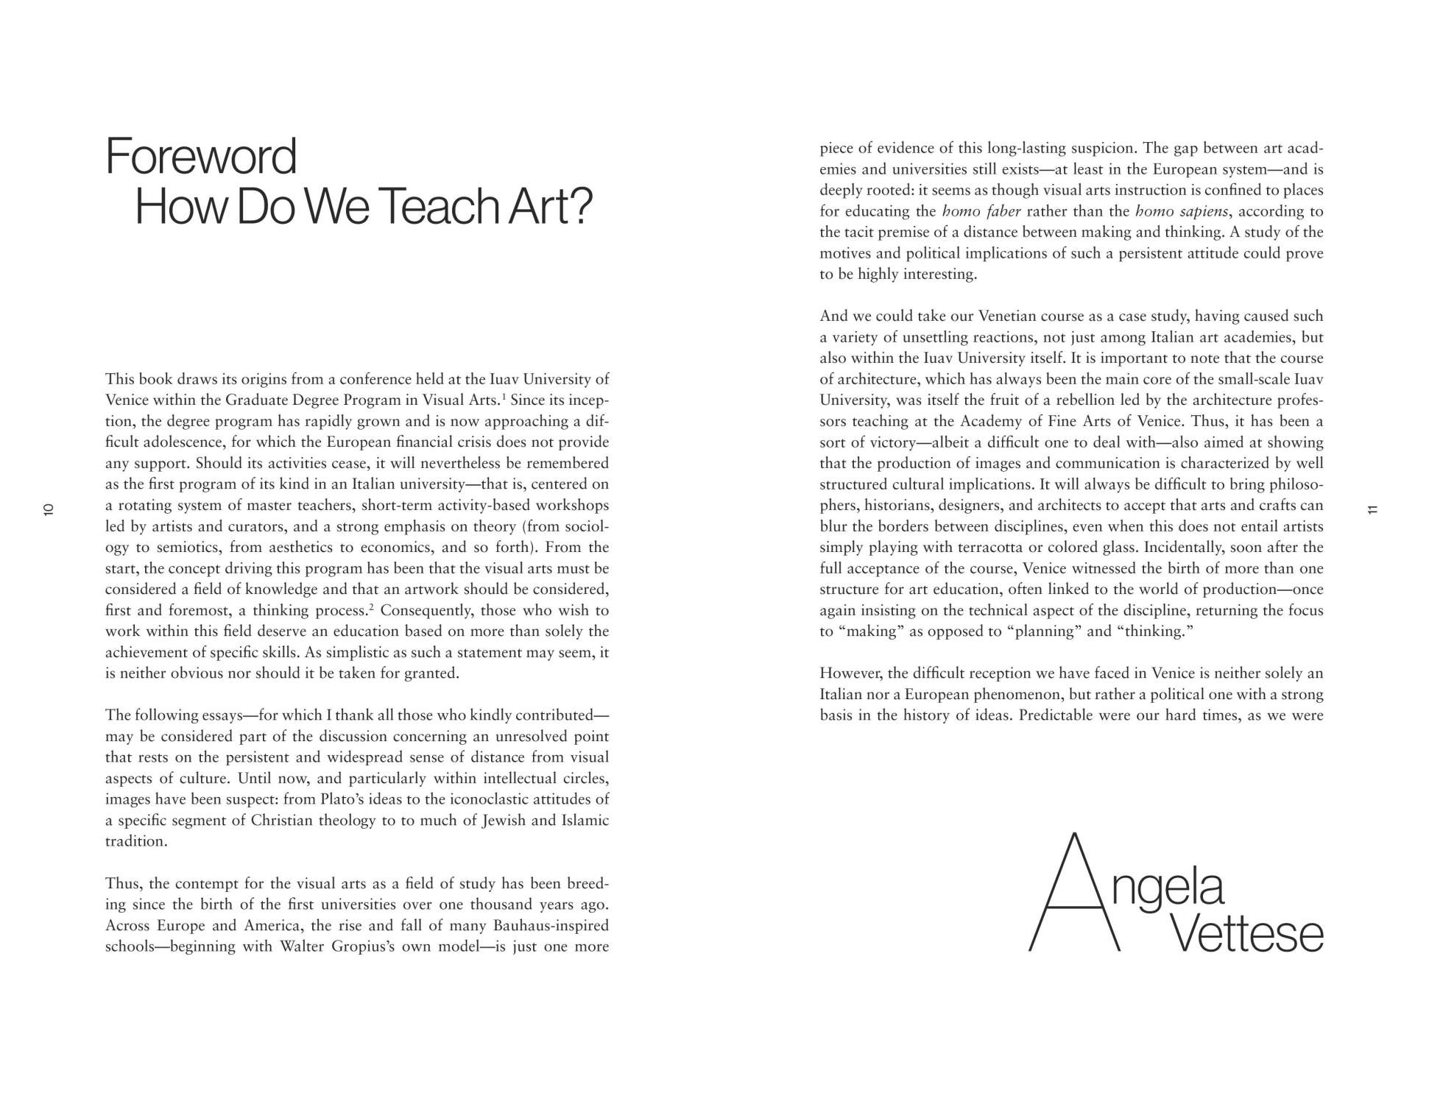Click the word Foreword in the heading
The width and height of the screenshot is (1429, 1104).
click(201, 157)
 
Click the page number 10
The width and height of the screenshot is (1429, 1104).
click(49, 509)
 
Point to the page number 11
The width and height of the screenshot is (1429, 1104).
click(1372, 509)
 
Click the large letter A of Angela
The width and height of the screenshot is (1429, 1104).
click(1074, 893)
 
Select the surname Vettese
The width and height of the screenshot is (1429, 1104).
click(1246, 934)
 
